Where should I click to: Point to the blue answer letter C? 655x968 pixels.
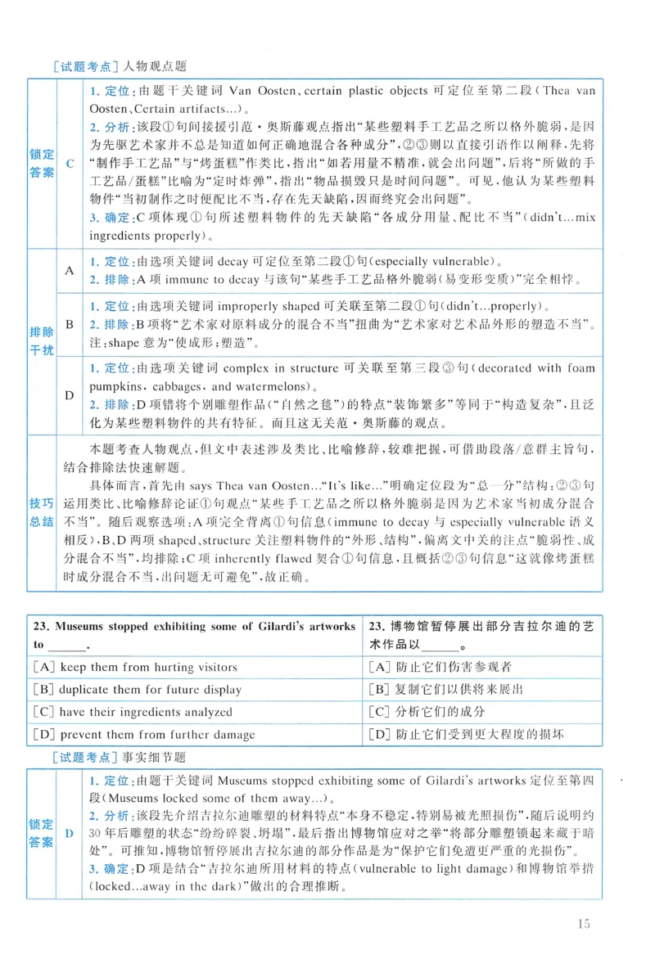[x=69, y=164]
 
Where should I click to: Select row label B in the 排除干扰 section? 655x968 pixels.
[x=69, y=324]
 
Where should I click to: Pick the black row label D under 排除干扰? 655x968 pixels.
[x=69, y=395]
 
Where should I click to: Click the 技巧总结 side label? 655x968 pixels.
[x=42, y=511]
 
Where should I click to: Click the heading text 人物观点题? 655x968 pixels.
[x=155, y=68]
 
